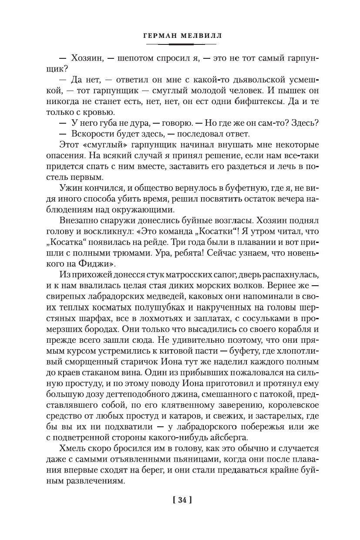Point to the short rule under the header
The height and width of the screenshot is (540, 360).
pos(180,44)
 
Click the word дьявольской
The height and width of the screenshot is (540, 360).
pos(262,80)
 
